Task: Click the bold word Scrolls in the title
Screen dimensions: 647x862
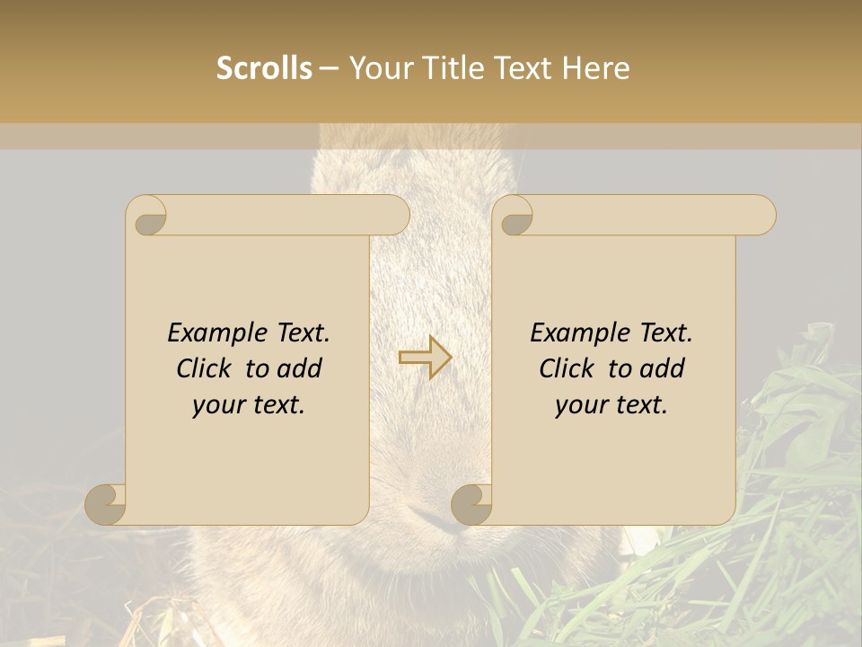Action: [265, 67]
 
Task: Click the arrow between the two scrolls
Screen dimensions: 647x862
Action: [425, 357]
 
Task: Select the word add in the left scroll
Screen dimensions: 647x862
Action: [300, 368]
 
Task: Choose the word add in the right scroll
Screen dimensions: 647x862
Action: [663, 368]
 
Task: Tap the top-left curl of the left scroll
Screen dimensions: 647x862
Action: [147, 217]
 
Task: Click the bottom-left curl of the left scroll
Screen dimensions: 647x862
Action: [106, 504]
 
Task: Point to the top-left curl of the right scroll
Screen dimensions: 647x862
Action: [514, 217]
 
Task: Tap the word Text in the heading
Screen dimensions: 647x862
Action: [520, 67]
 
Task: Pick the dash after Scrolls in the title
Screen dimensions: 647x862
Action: [329, 68]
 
